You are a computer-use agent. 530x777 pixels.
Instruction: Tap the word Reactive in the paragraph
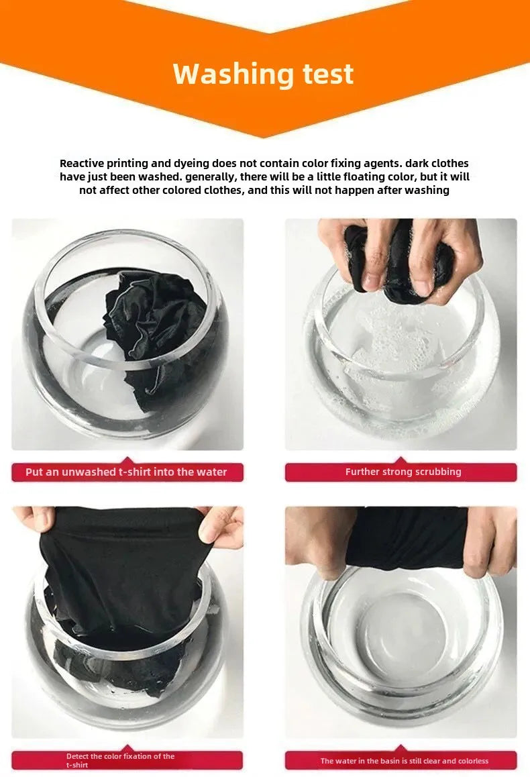[x=82, y=163]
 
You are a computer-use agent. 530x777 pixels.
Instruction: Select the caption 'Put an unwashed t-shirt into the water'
[x=126, y=472]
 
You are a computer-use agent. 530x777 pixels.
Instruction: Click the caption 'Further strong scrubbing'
[x=403, y=472]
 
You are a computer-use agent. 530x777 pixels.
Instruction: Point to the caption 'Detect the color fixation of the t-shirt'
[x=120, y=760]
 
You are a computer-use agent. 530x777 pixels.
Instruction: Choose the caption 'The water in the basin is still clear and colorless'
[x=404, y=761]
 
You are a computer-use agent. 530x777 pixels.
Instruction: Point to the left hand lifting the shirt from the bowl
[x=34, y=519]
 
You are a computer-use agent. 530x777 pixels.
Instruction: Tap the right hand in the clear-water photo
[x=490, y=541]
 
